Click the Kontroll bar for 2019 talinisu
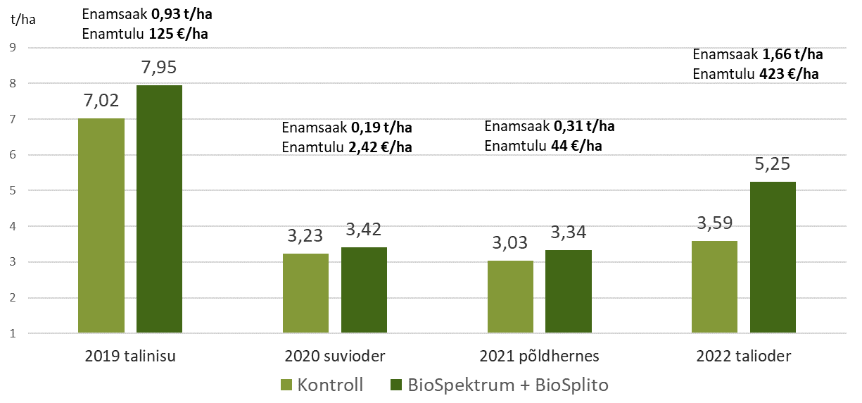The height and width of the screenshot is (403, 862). (x=101, y=225)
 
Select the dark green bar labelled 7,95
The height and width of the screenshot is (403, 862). (x=159, y=209)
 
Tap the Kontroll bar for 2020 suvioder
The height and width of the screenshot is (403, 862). (x=305, y=293)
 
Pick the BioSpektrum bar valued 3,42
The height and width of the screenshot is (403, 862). (x=364, y=290)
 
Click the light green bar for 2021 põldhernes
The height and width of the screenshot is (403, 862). (x=510, y=297)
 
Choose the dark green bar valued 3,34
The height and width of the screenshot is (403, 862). (x=569, y=291)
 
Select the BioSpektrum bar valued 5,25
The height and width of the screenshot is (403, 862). (x=773, y=257)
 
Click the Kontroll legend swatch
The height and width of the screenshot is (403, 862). (x=286, y=385)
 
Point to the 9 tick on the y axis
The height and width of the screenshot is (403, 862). (x=12, y=48)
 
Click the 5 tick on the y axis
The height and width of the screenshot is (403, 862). (x=12, y=191)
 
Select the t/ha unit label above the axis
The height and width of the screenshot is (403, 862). (x=23, y=19)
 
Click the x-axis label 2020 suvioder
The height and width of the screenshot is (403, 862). (x=334, y=356)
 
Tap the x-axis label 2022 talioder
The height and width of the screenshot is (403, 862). (x=744, y=356)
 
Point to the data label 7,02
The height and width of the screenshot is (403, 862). (x=101, y=103)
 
